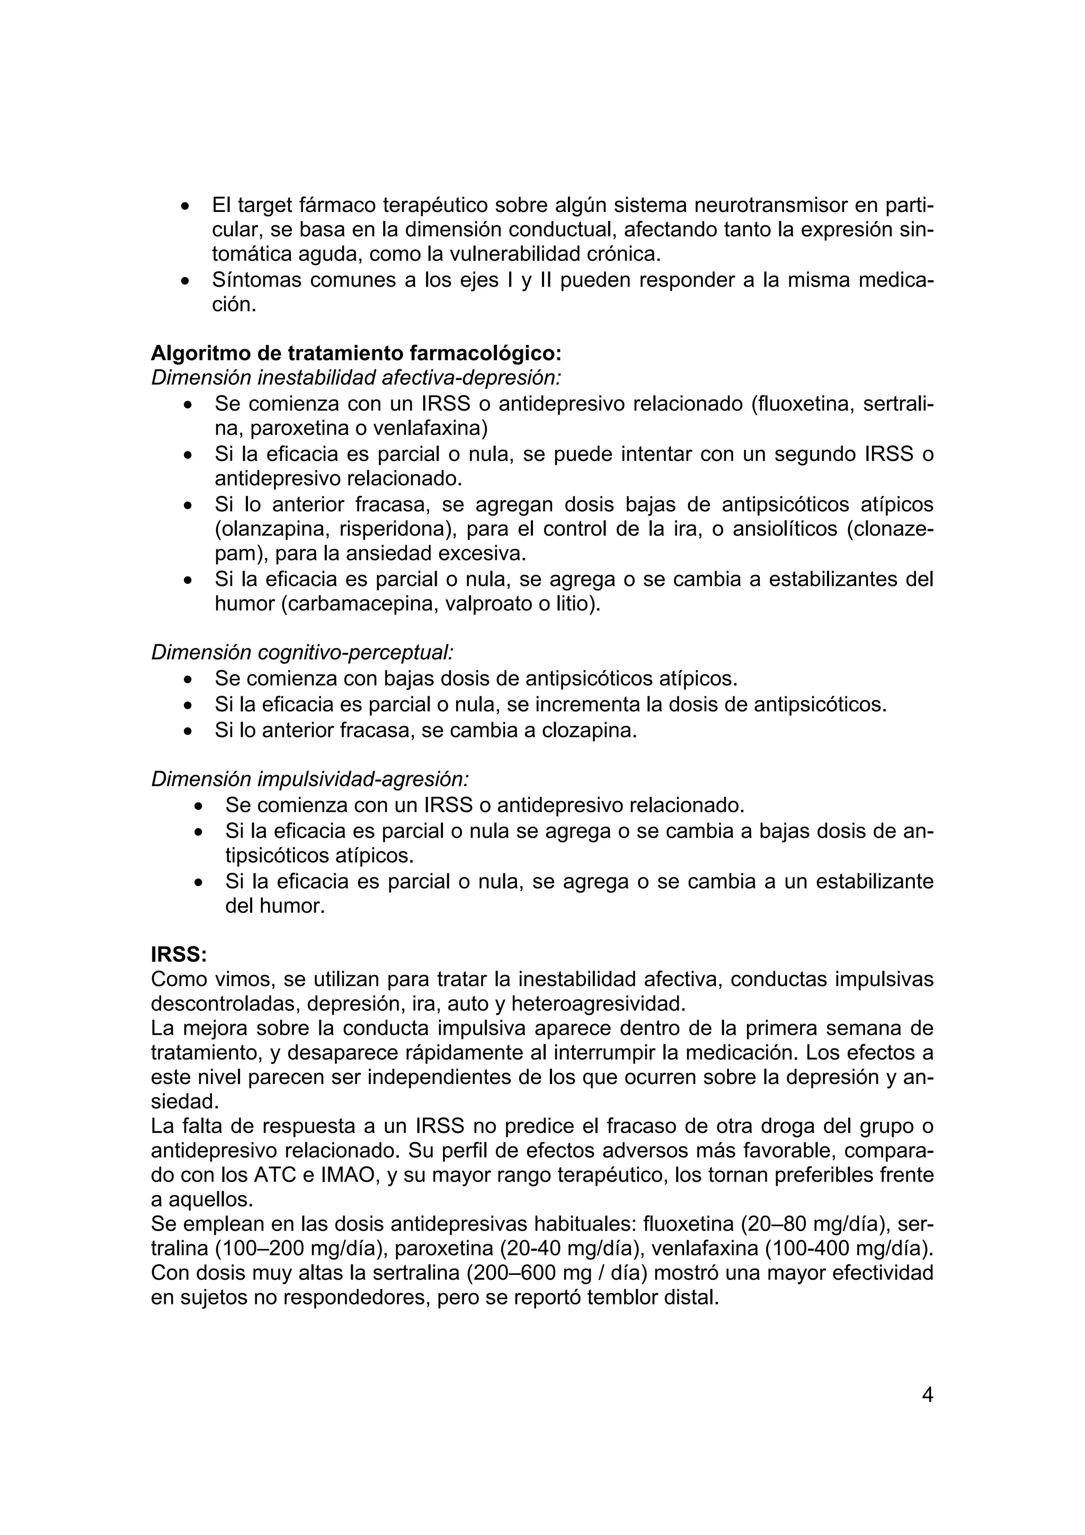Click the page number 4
[927, 1395]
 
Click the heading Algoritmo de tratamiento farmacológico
[357, 352]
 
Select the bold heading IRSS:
[179, 955]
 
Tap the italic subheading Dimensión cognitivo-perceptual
[302, 652]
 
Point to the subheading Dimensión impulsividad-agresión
[309, 779]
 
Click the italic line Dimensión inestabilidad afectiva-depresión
[355, 378]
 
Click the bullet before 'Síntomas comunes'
[186, 281]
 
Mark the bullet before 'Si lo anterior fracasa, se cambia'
[189, 731]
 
